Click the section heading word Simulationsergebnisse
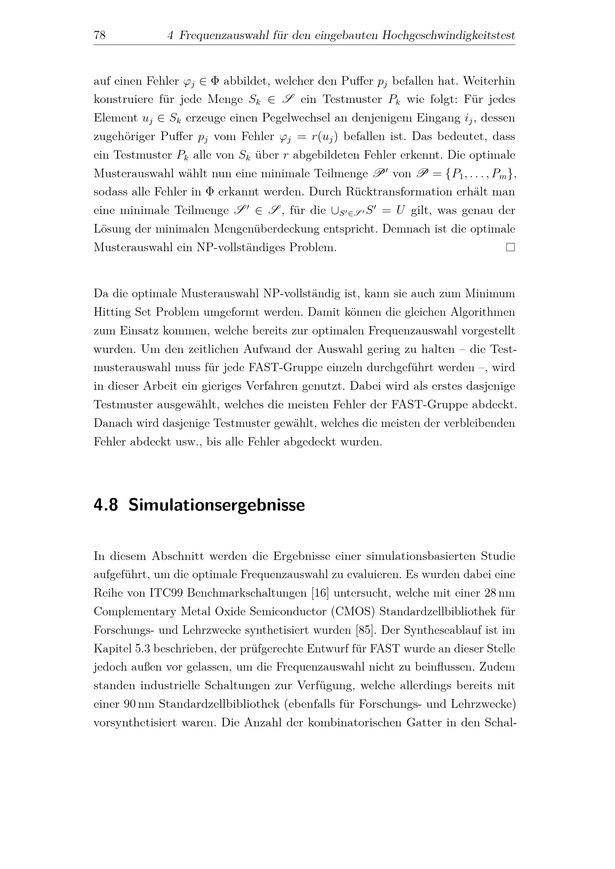(216, 505)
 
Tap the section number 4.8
(106, 505)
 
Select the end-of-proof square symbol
(511, 247)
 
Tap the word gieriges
(221, 386)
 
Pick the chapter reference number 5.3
(142, 649)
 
